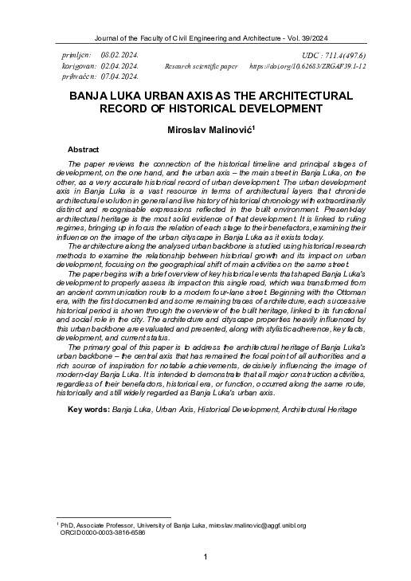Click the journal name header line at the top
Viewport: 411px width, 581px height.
point(205,37)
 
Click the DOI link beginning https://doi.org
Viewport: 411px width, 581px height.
point(307,66)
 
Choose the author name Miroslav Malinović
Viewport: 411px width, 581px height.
point(205,129)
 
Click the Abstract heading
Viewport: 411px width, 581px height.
point(84,150)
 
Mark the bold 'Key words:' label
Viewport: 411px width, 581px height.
point(88,409)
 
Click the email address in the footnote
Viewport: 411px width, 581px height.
point(257,526)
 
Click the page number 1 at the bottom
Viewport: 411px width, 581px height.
point(205,556)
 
